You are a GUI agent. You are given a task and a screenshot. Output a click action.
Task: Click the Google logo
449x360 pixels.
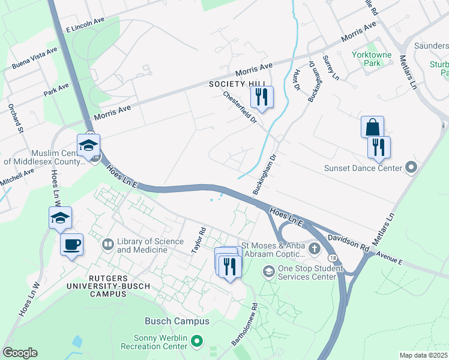point(20,353)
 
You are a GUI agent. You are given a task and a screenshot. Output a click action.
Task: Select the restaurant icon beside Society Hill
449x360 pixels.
point(261,97)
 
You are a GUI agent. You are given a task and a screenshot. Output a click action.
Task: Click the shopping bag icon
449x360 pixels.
point(372,127)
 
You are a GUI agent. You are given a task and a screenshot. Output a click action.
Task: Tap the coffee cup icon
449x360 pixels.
point(71,244)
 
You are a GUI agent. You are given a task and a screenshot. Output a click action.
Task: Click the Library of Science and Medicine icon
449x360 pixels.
point(108,244)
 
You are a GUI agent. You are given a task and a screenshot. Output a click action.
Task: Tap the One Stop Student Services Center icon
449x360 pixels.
point(268,272)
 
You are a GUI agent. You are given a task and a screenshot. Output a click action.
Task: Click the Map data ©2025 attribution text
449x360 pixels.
point(423,355)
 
